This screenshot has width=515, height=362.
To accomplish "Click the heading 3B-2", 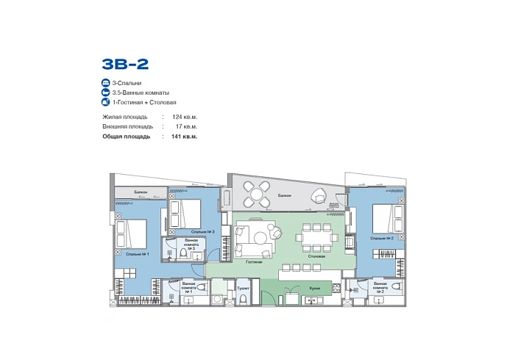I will (126, 64).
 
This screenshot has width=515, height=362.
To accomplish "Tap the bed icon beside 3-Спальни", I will (107, 83).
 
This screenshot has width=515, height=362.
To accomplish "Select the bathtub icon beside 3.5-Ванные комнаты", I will (107, 93).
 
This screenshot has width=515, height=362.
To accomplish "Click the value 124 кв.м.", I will (185, 117).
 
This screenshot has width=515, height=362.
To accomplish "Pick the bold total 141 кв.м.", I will (185, 136).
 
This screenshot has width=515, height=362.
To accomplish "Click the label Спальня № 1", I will (138, 253).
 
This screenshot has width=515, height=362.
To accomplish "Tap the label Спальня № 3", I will (191, 231).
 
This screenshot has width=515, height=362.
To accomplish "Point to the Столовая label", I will (316, 256).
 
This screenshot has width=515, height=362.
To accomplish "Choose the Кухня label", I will (313, 288).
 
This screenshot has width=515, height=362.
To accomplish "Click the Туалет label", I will (243, 288).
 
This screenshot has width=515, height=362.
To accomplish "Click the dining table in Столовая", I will (316, 236).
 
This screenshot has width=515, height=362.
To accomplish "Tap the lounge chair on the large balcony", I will (319, 195).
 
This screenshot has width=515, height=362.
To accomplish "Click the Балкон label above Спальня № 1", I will (140, 192).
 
